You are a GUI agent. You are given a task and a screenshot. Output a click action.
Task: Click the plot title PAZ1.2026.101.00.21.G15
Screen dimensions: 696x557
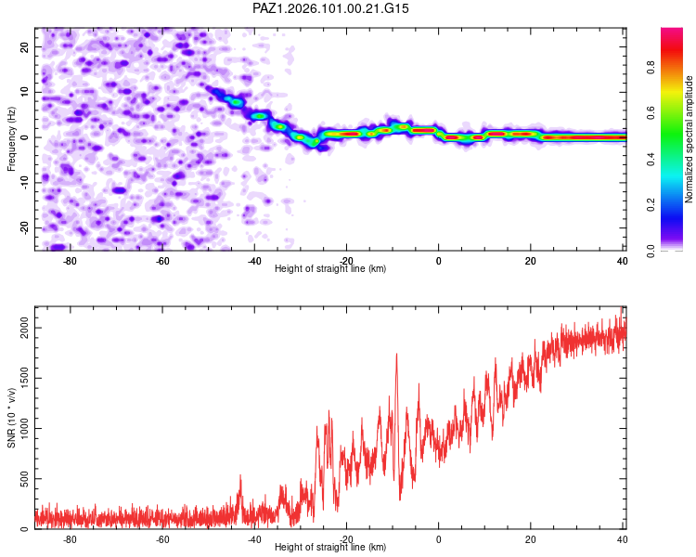pos(330,8)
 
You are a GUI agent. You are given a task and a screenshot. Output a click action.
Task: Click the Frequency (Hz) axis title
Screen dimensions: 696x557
pos(11,139)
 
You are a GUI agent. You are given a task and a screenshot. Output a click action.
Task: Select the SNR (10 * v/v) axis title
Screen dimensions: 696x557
pos(11,418)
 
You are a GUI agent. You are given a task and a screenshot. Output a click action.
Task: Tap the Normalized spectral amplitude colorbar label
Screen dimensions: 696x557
pos(689,139)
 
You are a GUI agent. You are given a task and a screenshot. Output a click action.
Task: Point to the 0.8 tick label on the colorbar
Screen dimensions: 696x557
pos(651,68)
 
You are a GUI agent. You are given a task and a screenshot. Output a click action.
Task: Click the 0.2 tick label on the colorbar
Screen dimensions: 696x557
pos(651,205)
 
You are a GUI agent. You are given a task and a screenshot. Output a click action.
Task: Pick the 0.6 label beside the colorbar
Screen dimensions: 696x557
pos(651,113)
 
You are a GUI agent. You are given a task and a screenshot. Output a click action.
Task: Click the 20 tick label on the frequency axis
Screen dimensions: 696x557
pos(24,46)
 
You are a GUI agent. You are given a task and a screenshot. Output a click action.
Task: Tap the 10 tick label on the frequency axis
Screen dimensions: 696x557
pos(24,92)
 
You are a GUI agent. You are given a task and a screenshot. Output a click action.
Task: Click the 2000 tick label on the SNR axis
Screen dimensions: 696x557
pos(24,329)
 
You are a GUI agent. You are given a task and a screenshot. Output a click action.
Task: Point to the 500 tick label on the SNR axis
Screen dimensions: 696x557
pos(24,479)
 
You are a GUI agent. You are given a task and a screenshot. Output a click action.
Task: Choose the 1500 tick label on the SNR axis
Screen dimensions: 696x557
pos(24,379)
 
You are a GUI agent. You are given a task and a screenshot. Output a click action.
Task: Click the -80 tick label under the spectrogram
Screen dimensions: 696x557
pos(70,261)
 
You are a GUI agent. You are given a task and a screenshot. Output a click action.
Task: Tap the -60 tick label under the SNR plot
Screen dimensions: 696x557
pos(162,539)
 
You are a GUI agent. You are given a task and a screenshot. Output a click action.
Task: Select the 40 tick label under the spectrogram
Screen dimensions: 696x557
pos(622,261)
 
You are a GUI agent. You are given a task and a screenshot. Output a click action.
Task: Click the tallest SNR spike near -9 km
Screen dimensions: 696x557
pos(396,354)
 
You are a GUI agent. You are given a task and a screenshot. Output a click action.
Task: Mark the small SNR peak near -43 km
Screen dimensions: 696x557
pos(240,475)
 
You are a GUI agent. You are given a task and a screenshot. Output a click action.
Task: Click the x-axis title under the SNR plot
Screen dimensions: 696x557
pos(330,547)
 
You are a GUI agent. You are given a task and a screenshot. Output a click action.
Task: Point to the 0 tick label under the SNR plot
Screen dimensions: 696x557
pos(439,539)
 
